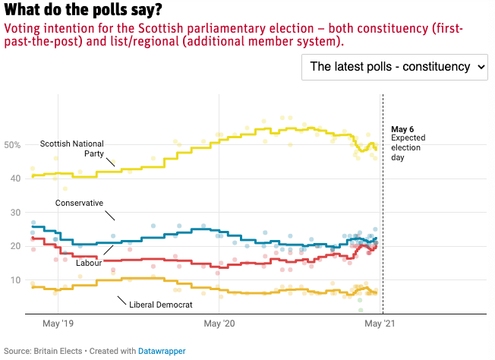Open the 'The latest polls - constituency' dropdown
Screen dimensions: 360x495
394,67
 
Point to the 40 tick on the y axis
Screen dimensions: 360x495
13,178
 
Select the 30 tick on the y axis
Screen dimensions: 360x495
13,213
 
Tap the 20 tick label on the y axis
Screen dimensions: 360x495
13,247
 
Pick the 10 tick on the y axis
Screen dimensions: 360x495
13,280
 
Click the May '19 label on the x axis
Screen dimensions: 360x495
57,324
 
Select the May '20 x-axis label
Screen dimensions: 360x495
219,324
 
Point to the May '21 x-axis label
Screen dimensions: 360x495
380,324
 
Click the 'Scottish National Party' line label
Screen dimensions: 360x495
71,147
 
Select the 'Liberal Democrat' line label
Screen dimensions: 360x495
161,304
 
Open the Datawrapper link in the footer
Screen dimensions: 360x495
161,351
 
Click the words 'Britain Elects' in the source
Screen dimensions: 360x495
62,351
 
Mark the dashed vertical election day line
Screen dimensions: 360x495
383,228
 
